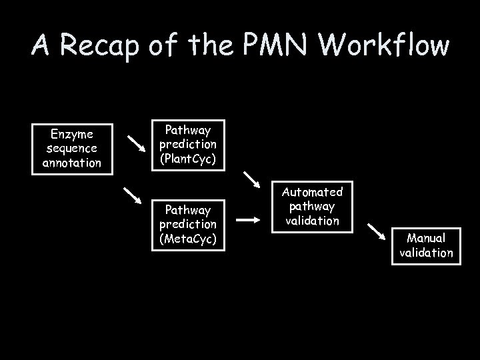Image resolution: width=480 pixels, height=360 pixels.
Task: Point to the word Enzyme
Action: [71, 134]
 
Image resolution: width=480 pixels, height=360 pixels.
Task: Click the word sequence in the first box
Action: [71, 148]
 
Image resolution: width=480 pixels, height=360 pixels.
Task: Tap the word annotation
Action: [71, 162]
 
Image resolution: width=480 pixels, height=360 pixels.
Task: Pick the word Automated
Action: [313, 192]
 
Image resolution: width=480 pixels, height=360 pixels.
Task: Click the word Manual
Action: [426, 238]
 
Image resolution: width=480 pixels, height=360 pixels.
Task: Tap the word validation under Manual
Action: [426, 252]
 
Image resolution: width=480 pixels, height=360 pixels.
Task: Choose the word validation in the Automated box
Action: [313, 220]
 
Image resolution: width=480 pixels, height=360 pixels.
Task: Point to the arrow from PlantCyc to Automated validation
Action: [252, 179]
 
